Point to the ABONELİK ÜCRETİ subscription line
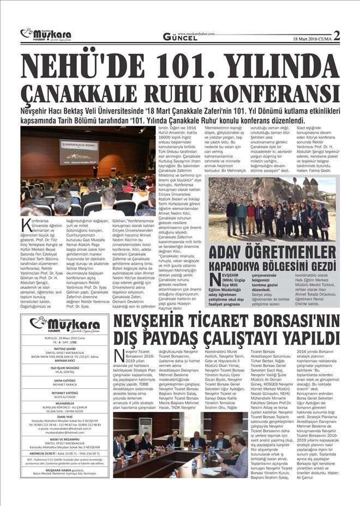tap(64, 451)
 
